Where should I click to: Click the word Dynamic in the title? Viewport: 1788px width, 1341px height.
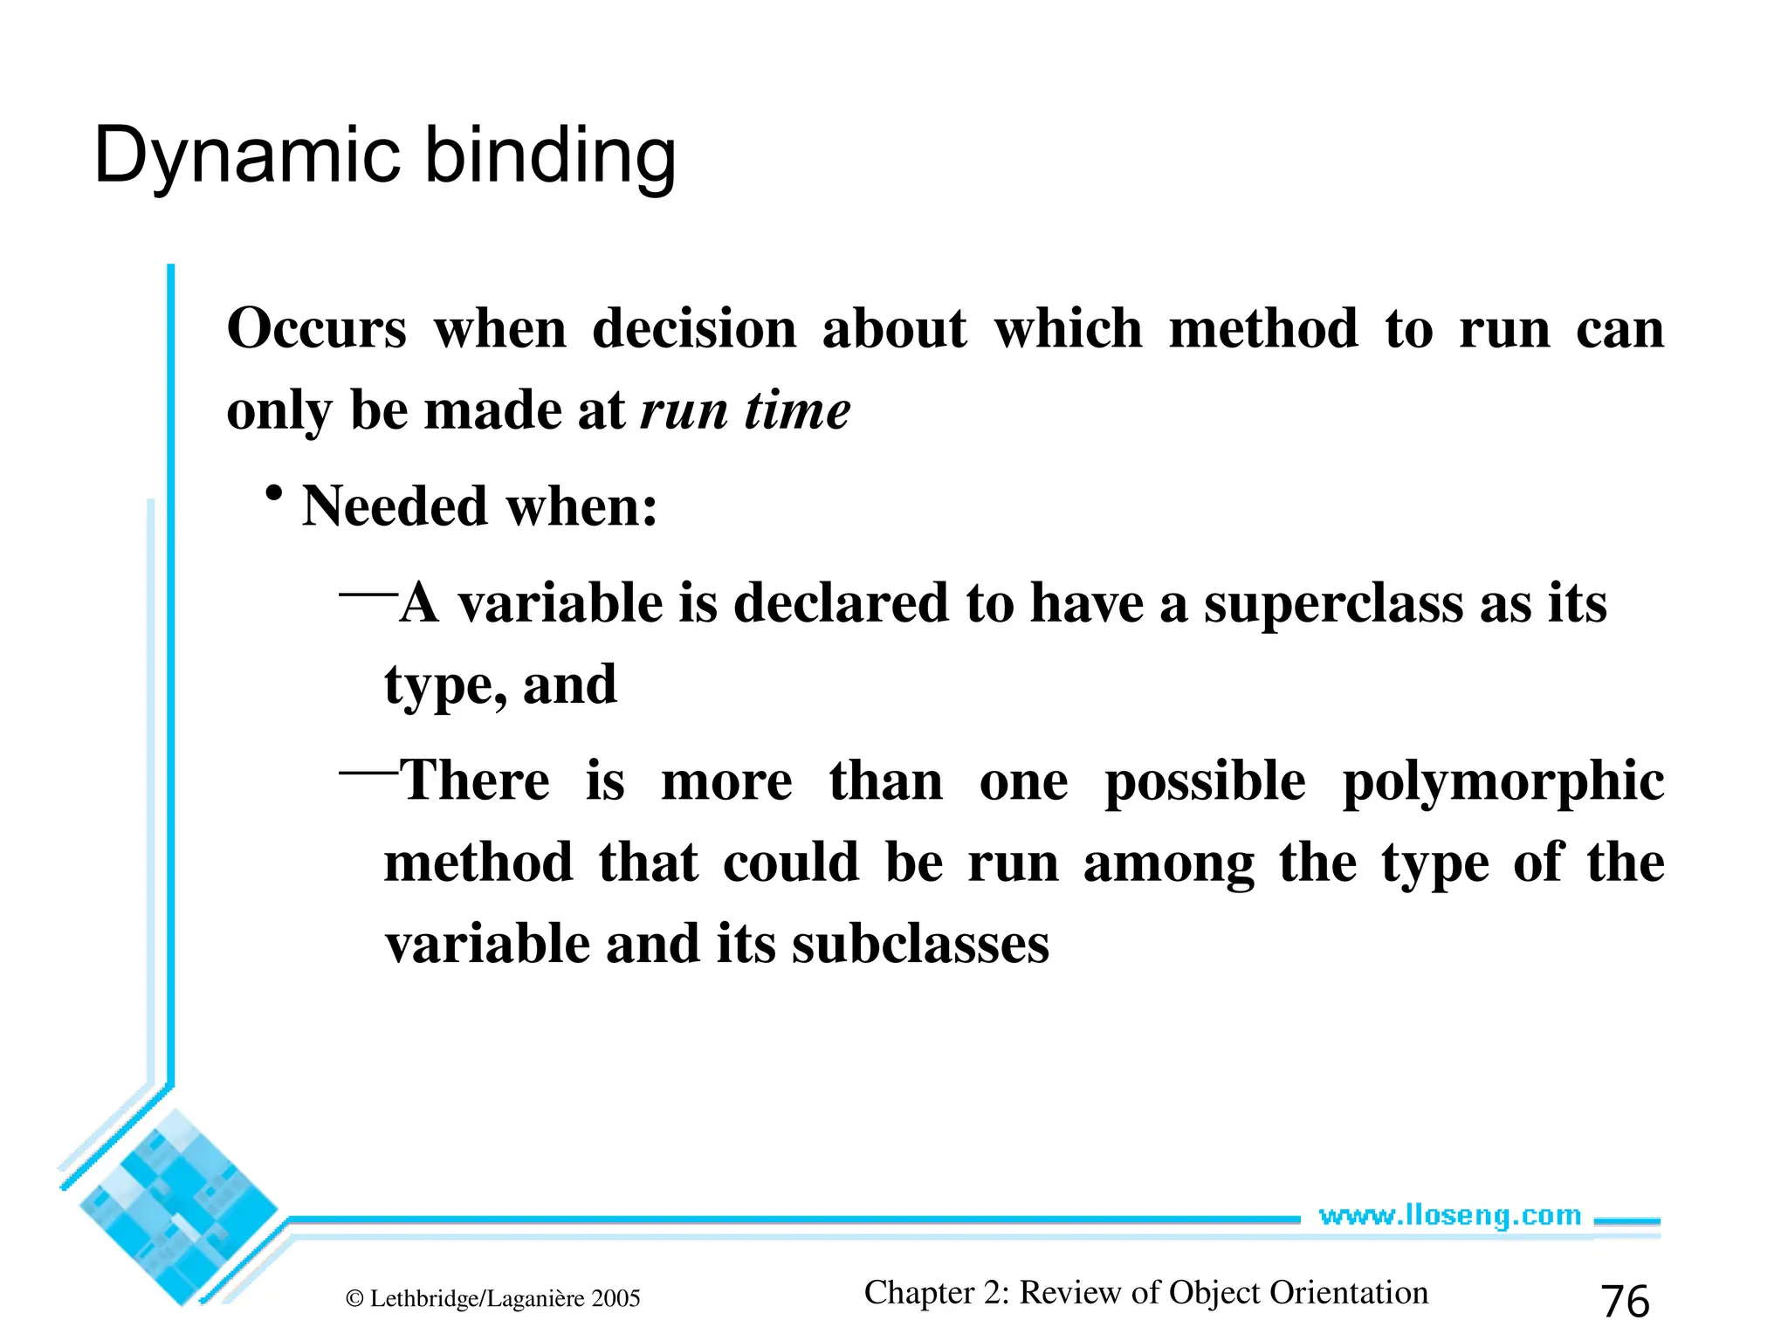(246, 157)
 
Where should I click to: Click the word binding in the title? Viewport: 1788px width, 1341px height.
(550, 157)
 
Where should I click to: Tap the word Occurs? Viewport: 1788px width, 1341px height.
(317, 329)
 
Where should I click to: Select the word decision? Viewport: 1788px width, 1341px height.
(694, 329)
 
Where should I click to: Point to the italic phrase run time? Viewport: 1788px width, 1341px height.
(745, 410)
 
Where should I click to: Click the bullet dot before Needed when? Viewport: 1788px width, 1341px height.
(274, 494)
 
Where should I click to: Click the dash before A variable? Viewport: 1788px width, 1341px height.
(368, 595)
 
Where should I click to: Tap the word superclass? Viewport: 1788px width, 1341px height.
(1333, 603)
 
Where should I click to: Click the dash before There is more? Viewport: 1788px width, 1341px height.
(368, 772)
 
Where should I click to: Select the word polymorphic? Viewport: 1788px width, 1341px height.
(1503, 781)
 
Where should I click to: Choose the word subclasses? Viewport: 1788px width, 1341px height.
(920, 945)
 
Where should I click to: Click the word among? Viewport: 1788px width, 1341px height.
(1168, 863)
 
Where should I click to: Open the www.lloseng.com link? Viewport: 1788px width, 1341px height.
(1449, 1215)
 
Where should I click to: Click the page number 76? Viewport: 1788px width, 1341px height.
(1625, 1301)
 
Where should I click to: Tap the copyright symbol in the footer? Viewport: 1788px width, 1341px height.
(354, 1299)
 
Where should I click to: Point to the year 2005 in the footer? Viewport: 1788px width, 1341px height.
(615, 1299)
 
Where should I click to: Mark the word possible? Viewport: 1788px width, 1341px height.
(1205, 781)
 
